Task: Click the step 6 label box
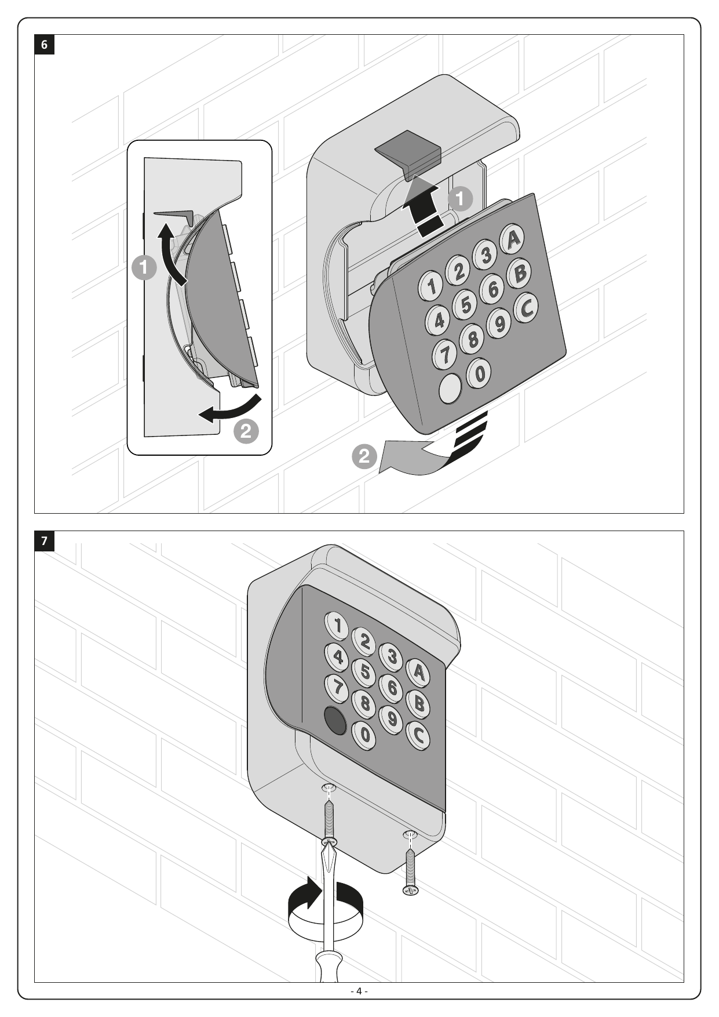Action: coord(45,45)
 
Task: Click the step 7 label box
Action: coord(45,541)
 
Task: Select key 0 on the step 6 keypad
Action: coord(479,372)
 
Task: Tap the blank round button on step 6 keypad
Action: coord(451,388)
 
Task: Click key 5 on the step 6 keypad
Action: coord(465,304)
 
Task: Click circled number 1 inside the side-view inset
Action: coord(144,268)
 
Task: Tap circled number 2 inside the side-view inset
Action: coord(246,431)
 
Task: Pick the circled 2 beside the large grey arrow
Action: coord(364,456)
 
